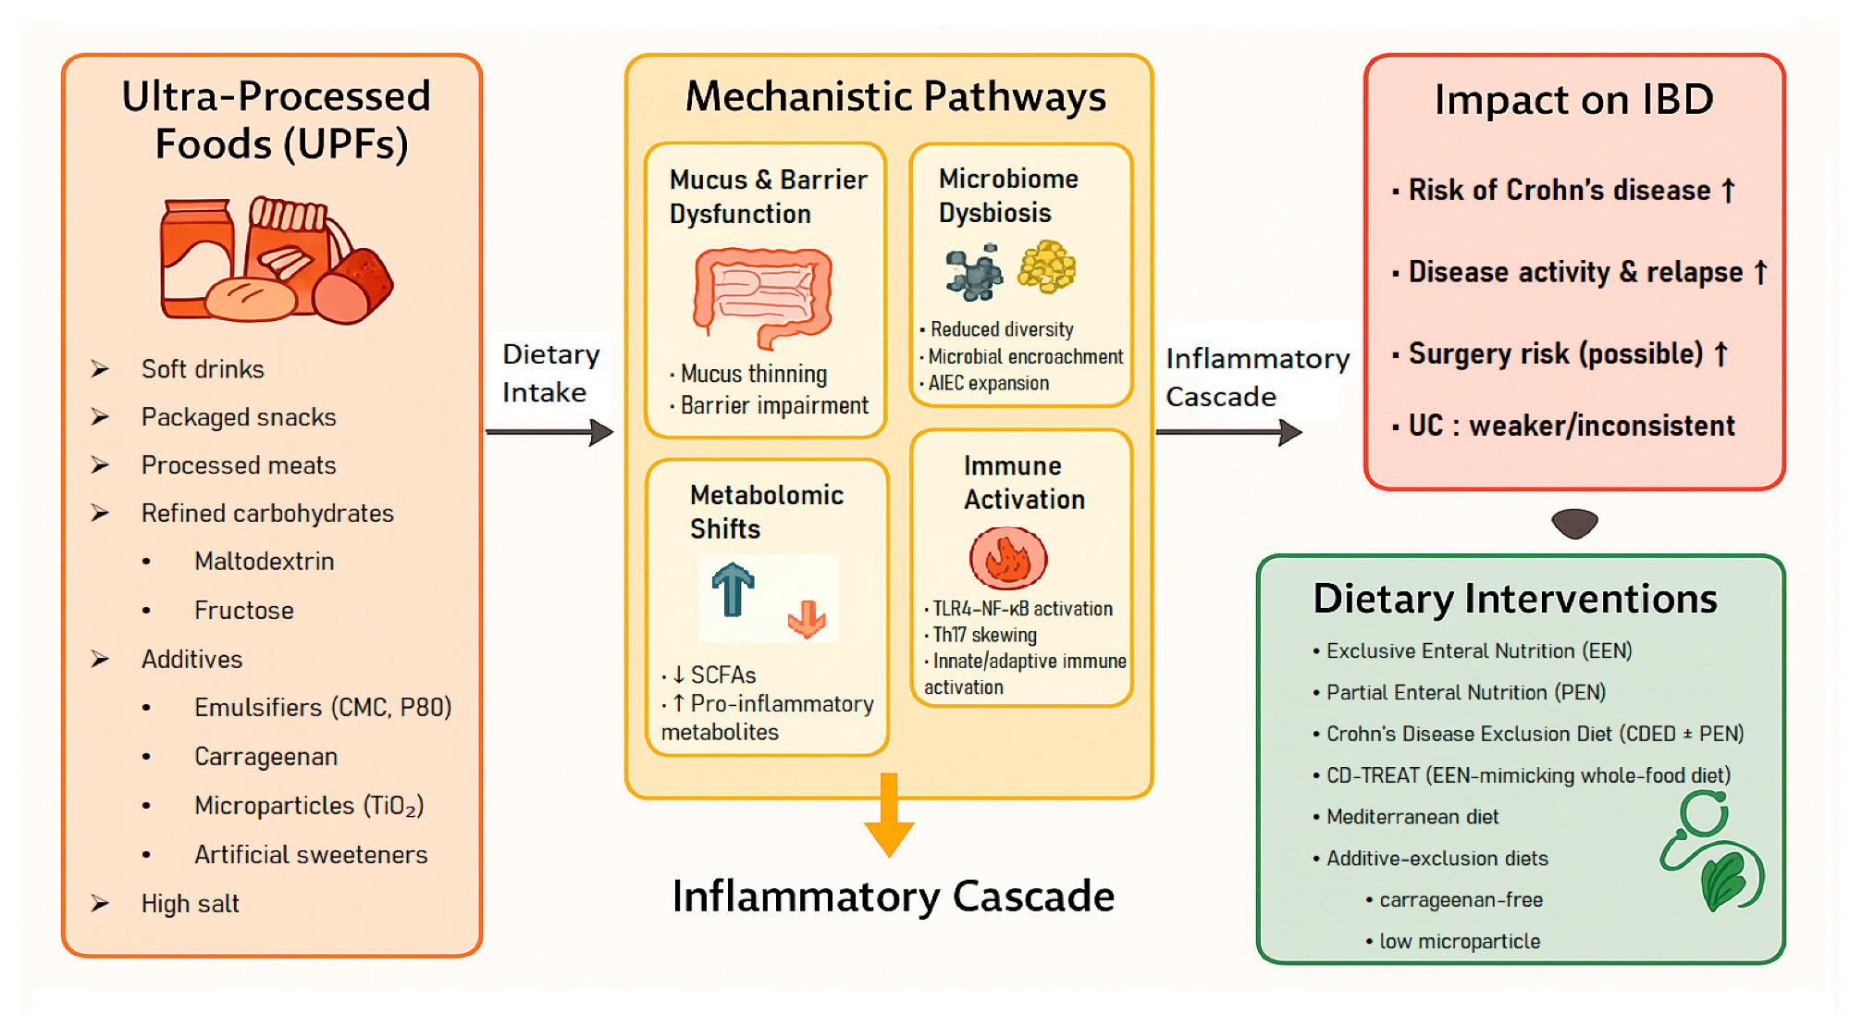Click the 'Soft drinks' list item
202,369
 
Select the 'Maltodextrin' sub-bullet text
264,562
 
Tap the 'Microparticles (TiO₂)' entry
309,806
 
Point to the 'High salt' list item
190,904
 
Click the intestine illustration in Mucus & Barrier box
762,296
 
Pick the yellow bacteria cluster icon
1047,267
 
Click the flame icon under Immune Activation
1007,559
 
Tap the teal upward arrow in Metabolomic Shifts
733,589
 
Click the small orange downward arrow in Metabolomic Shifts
807,619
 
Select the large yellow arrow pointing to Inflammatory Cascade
889,814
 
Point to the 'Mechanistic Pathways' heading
894,97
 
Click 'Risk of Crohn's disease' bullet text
1559,191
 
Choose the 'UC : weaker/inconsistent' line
1571,426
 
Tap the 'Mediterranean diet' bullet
1412,817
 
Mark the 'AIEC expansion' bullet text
988,384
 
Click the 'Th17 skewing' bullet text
984,636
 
